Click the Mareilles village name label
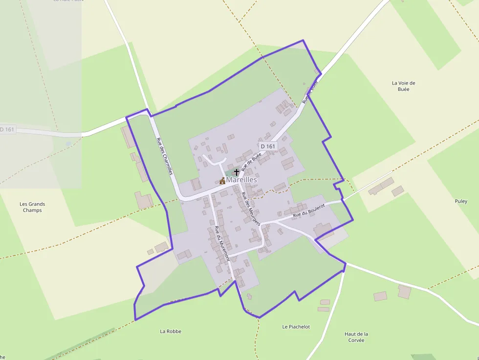[x=241, y=180]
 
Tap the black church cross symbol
[x=237, y=172]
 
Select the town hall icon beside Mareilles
[x=222, y=181]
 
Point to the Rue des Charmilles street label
[x=164, y=156]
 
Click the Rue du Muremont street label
[x=222, y=243]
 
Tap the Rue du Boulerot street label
[x=308, y=211]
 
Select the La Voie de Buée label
[x=403, y=86]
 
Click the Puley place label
[x=461, y=201]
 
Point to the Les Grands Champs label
[x=32, y=207]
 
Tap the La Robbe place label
[x=171, y=331]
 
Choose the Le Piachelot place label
[x=296, y=327]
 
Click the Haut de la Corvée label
[x=356, y=337]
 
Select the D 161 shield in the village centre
[x=268, y=146]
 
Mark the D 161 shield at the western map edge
[x=7, y=129]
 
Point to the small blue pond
[x=68, y=144]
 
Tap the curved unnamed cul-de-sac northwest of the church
[x=214, y=160]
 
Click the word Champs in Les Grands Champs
[x=32, y=211]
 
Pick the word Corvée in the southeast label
[x=356, y=340]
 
